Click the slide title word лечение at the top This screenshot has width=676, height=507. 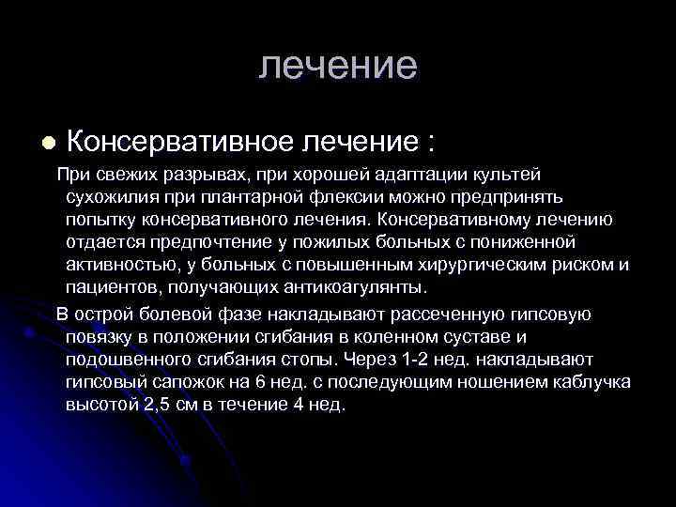[337, 66]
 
